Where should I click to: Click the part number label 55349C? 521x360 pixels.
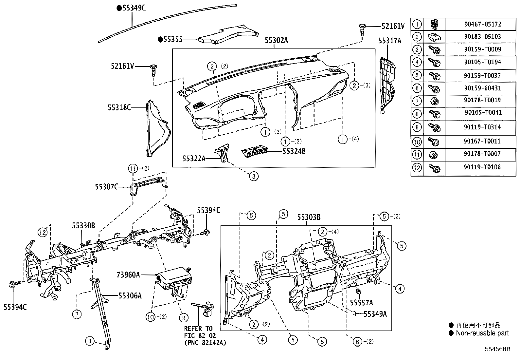tap(134, 8)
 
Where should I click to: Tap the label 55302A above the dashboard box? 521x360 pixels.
tap(276, 41)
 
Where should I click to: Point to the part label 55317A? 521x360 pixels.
tap(389, 41)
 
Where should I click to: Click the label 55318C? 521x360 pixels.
tap(119, 107)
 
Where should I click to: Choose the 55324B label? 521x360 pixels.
tap(294, 151)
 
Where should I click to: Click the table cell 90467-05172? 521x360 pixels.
tap(482, 24)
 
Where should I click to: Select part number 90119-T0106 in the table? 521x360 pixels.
tap(482, 167)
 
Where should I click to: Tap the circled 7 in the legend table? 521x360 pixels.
tap(417, 101)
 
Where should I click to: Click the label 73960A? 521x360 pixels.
tap(128, 275)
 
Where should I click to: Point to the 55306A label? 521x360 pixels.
tap(130, 296)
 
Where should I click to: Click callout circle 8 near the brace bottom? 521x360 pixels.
tap(90, 341)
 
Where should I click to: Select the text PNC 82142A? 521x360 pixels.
tap(205, 343)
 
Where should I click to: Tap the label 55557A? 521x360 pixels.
tap(361, 302)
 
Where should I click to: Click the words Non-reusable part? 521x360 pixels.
tap(482, 333)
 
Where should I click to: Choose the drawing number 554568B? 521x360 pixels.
tap(497, 349)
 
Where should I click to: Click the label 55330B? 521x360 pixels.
tap(83, 225)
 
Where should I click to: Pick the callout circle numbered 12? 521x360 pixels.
tap(43, 232)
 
